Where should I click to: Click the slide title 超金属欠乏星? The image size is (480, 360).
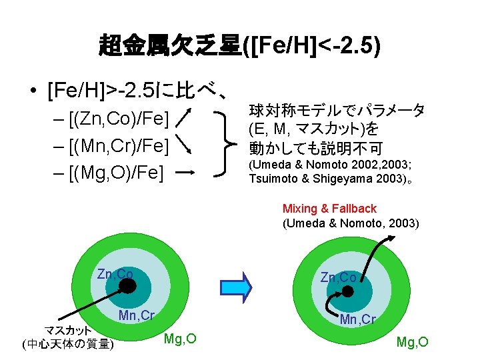pos(170,47)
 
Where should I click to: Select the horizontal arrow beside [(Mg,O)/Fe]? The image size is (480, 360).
pos(186,171)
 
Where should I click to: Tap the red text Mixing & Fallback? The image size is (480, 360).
pos(329,209)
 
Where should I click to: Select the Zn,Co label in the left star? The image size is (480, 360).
pos(115,274)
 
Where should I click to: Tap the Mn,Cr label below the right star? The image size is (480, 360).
pos(358,319)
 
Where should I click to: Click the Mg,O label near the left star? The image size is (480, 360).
pos(180,339)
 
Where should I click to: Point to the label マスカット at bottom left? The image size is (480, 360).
pos(67,330)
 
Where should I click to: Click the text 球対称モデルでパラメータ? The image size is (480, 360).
pos(337,111)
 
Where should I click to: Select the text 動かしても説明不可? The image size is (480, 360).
pos(307,146)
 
